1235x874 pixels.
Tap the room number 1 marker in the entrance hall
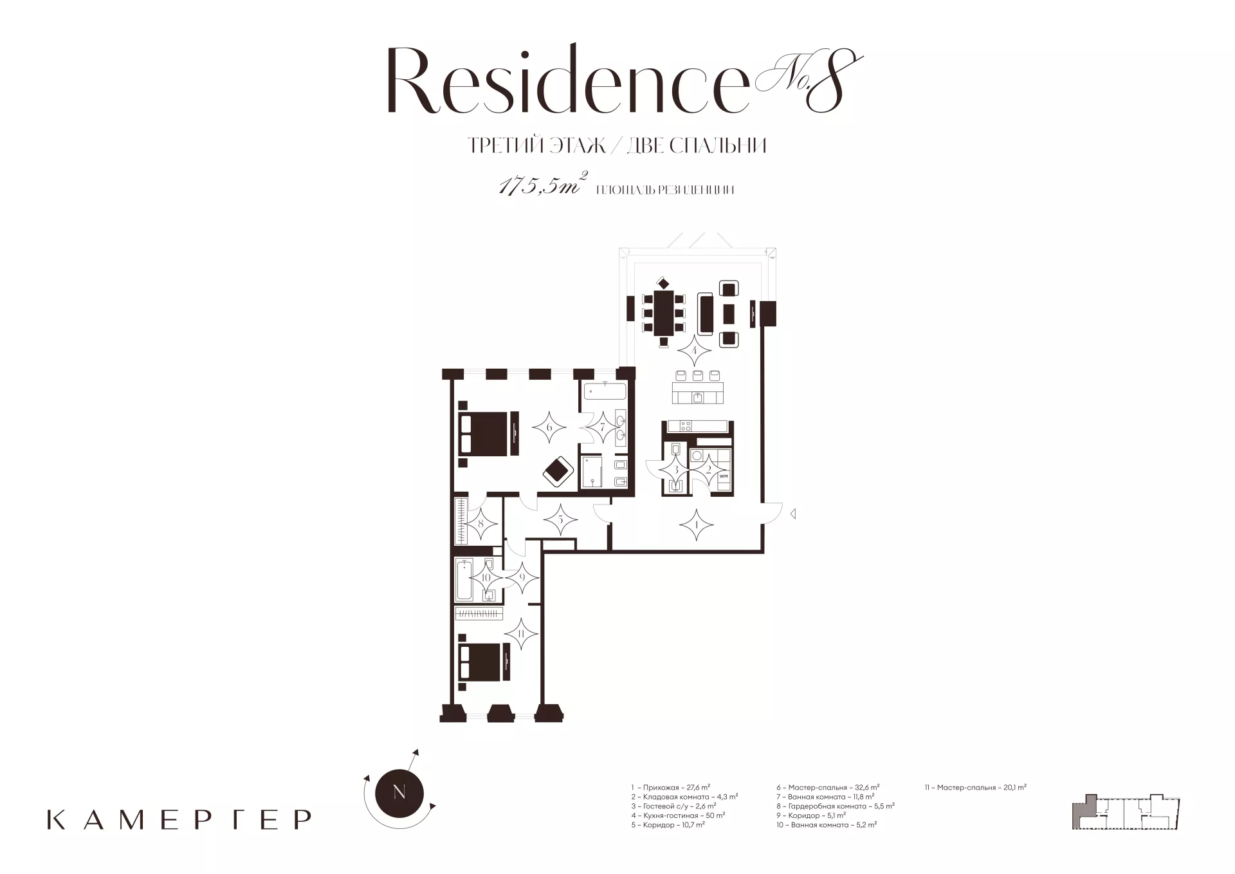pyautogui.click(x=697, y=525)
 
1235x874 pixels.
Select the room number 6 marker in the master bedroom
pyautogui.click(x=549, y=427)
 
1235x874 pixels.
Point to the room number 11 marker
pyautogui.click(x=521, y=634)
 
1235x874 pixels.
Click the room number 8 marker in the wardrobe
pyautogui.click(x=481, y=524)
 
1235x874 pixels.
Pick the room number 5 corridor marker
pyautogui.click(x=561, y=519)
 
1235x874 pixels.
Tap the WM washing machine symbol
pyautogui.click(x=723, y=476)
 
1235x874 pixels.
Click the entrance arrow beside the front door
pyautogui.click(x=794, y=514)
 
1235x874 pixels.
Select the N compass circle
pyautogui.click(x=399, y=793)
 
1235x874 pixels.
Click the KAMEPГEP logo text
pyautogui.click(x=179, y=819)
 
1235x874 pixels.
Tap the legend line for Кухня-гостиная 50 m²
pyautogui.click(x=678, y=815)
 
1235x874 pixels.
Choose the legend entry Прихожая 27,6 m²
pyautogui.click(x=671, y=787)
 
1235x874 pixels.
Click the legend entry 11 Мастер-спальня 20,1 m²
pyautogui.click(x=975, y=787)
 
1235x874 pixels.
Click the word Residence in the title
pyautogui.click(x=568, y=82)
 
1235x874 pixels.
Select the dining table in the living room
pyautogui.click(x=663, y=313)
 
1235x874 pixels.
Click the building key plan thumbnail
pyautogui.click(x=1126, y=812)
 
